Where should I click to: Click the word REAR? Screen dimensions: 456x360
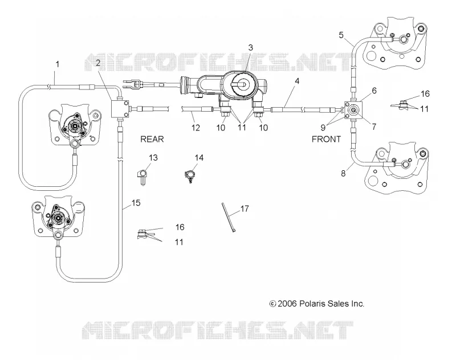click(x=152, y=139)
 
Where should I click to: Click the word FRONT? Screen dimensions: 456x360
click(x=326, y=139)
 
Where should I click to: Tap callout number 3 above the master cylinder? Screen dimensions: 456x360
click(x=251, y=48)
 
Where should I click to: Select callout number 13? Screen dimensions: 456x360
click(x=153, y=158)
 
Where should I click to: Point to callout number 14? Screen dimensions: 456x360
click(x=199, y=158)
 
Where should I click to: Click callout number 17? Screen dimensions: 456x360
click(x=245, y=208)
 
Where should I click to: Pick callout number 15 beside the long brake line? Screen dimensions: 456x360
click(x=136, y=203)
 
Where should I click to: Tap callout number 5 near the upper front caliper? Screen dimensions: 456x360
click(x=341, y=35)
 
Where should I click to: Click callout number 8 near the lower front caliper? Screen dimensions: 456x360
click(x=343, y=174)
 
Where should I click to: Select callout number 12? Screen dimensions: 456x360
click(x=196, y=128)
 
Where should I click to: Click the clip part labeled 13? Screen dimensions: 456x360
click(x=142, y=177)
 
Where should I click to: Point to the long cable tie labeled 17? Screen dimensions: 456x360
click(x=229, y=218)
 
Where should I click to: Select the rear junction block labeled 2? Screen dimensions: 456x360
click(x=120, y=109)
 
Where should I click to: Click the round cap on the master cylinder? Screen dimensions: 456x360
click(x=244, y=84)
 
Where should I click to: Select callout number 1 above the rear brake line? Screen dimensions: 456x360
click(x=58, y=64)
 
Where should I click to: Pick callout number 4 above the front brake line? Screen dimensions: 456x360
click(x=297, y=81)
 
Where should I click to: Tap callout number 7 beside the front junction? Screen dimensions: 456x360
click(x=374, y=126)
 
